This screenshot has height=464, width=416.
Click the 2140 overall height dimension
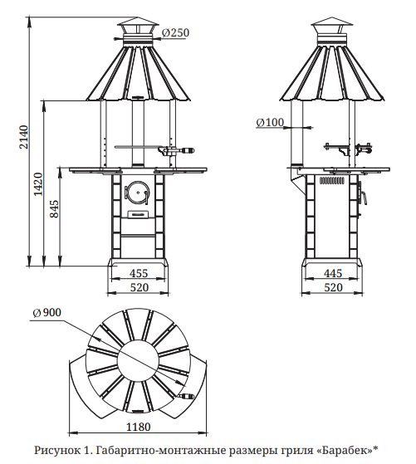tap(24, 137)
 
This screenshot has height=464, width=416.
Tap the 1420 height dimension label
tap(38, 183)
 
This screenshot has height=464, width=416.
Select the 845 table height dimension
tap(54, 209)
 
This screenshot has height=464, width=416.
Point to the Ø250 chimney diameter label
tap(176, 32)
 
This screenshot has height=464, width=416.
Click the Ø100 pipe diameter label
tap(270, 122)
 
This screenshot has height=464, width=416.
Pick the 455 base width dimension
tap(139, 273)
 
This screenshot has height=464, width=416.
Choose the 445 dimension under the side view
tap(333, 273)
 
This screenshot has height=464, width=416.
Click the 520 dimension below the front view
tap(139, 287)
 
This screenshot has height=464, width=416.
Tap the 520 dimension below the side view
tap(333, 287)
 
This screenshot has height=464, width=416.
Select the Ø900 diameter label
tap(47, 312)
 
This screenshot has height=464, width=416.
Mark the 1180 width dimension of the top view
tap(139, 427)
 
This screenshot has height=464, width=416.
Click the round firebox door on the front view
tap(137, 192)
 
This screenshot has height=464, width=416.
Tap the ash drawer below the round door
tap(139, 214)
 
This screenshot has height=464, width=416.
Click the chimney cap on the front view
tap(138, 28)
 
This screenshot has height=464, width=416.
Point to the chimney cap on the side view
tap(332, 28)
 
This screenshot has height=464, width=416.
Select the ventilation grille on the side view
tap(332, 180)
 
